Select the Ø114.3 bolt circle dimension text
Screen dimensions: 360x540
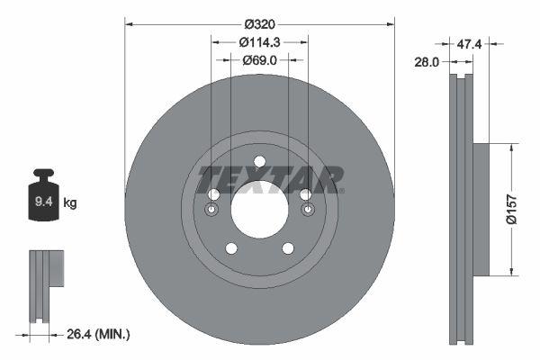259,40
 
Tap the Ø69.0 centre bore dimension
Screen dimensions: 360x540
259,60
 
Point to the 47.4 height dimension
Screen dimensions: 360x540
467,42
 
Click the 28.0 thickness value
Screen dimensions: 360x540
427,62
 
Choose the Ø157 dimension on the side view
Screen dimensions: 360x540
510,208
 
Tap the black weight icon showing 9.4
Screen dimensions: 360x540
43,199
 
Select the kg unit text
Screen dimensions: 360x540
70,203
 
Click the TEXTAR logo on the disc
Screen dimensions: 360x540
270,178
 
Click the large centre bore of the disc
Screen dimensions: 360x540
259,211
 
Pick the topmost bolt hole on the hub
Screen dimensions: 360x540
259,162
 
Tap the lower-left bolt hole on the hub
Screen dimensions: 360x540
231,248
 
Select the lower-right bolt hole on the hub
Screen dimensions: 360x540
288,248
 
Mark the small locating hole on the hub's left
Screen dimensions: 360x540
211,211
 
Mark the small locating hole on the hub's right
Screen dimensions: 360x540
307,211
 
